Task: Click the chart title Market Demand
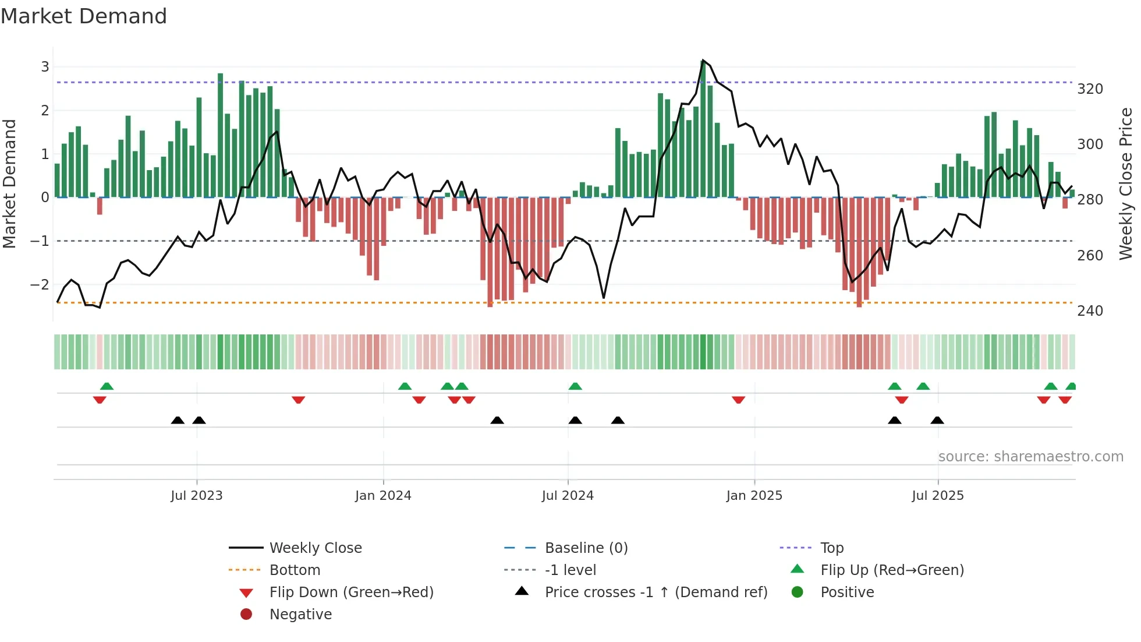[84, 16]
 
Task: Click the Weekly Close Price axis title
[1126, 184]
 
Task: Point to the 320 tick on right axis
[1090, 89]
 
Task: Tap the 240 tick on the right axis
[1090, 311]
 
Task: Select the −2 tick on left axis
[40, 285]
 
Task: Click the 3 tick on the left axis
[45, 67]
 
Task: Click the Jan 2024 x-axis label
[383, 496]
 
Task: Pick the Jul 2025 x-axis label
[937, 496]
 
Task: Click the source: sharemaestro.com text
[1030, 457]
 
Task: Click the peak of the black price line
[703, 61]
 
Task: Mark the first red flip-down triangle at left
[100, 400]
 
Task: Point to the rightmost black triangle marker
[937, 421]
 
